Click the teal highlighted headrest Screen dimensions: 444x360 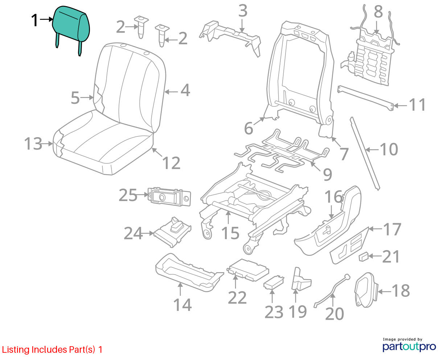click(x=71, y=25)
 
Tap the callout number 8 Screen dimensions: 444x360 click(x=378, y=12)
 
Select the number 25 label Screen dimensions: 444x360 click(x=128, y=195)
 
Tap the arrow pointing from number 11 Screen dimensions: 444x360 click(x=400, y=106)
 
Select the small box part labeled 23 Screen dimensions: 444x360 click(x=274, y=283)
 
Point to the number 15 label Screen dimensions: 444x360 click(x=230, y=233)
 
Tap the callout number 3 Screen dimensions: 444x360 click(x=243, y=11)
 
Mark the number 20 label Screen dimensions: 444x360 click(x=334, y=314)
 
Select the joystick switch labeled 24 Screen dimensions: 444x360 click(x=173, y=232)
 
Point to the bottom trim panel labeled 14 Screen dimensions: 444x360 click(x=189, y=272)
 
